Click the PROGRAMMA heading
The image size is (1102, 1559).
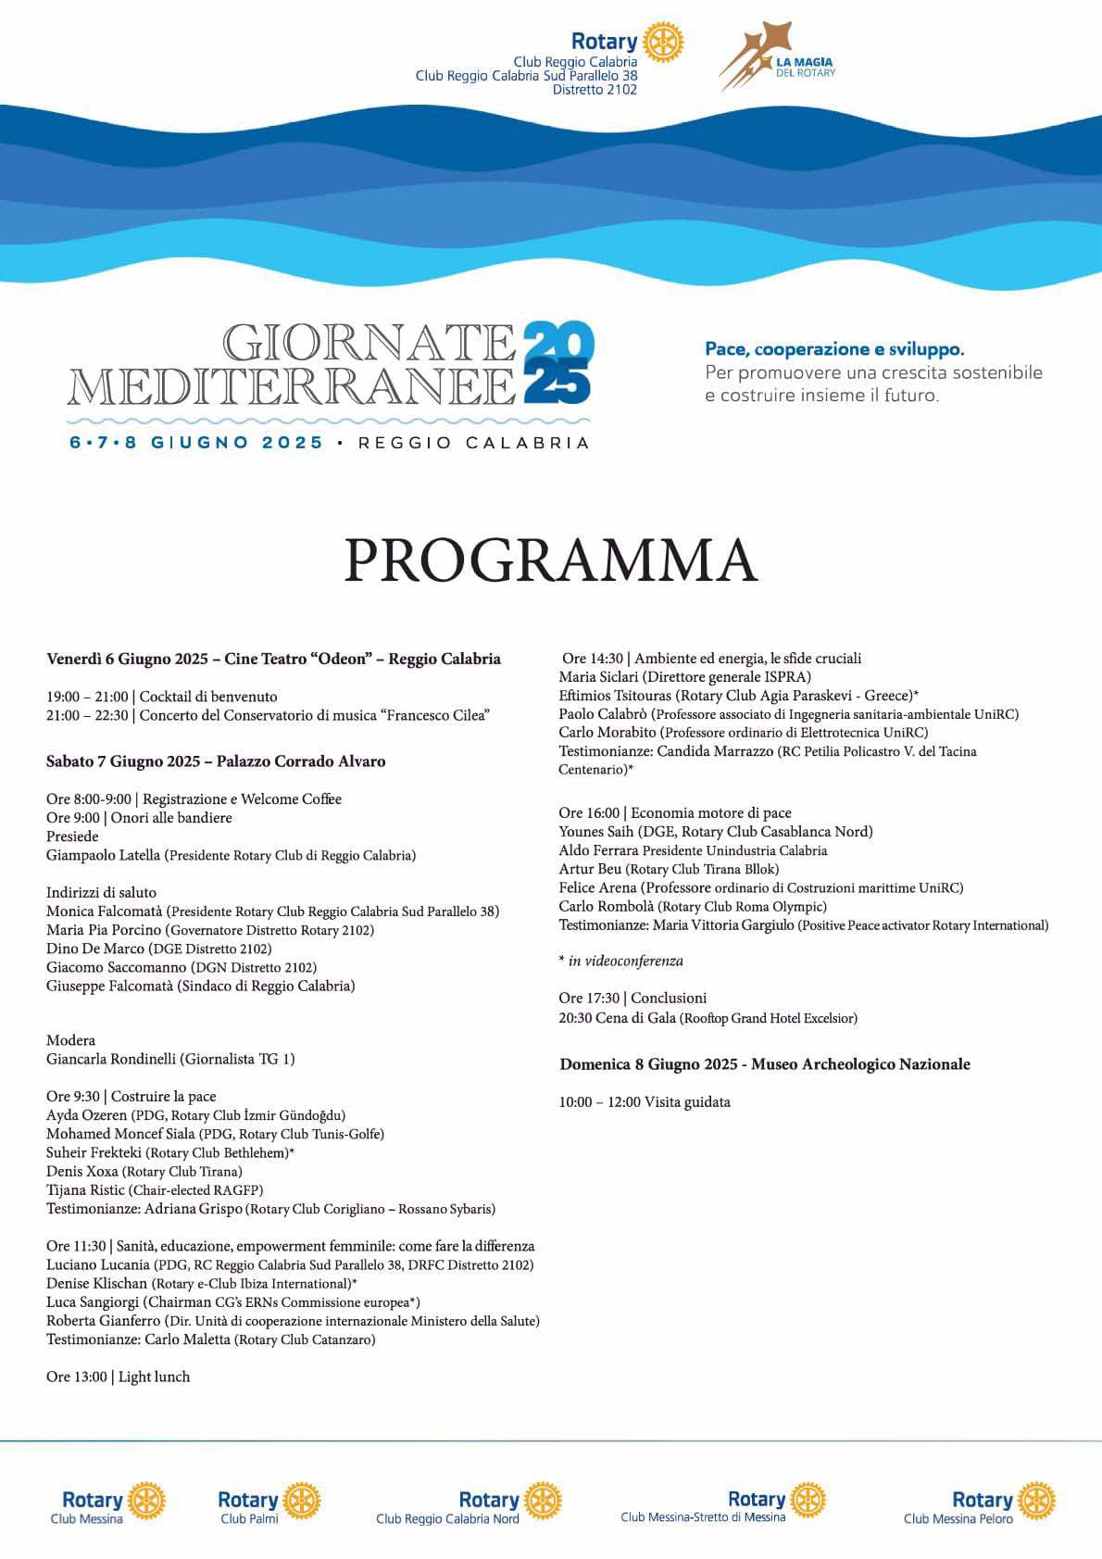point(551,560)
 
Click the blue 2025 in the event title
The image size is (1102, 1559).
point(558,362)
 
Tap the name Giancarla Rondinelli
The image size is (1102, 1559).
point(111,1059)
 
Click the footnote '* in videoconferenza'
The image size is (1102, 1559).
point(621,961)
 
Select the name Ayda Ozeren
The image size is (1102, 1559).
point(87,1115)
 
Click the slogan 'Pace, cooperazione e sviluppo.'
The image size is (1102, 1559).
point(834,349)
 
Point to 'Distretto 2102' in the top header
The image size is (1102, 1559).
point(595,90)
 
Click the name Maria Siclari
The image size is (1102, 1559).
point(598,677)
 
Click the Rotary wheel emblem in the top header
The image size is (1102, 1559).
point(662,42)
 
